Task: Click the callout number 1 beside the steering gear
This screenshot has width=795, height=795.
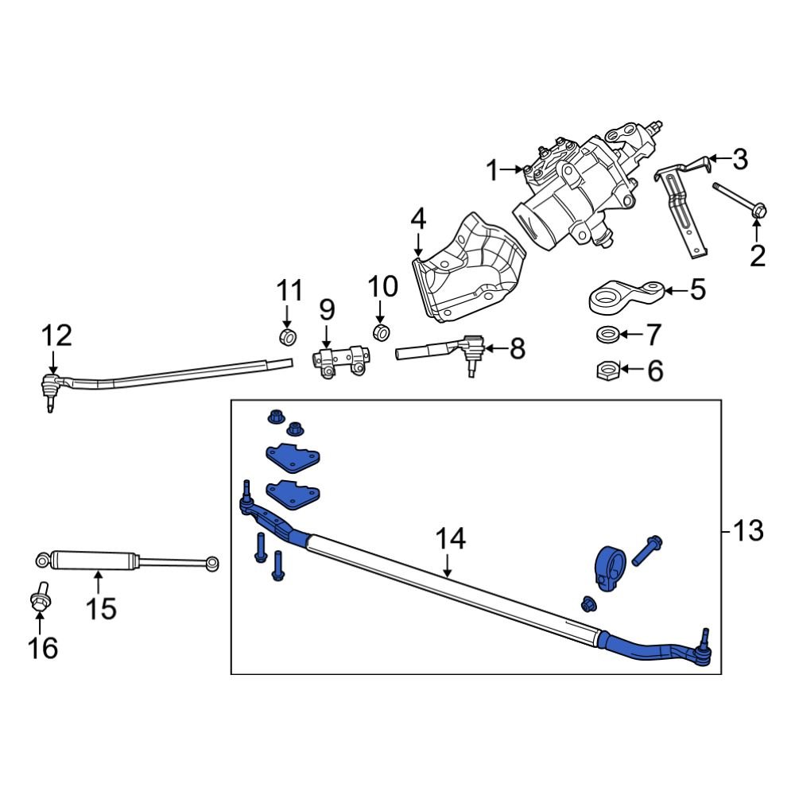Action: (x=492, y=169)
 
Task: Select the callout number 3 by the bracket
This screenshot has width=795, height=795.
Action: (x=740, y=160)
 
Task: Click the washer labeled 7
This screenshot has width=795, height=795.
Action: (x=608, y=333)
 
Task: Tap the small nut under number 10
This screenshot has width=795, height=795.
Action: (x=382, y=331)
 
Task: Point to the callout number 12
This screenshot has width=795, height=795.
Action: (x=57, y=335)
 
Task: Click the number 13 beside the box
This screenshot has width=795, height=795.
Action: (x=748, y=529)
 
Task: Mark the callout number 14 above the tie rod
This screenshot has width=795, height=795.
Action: (x=449, y=540)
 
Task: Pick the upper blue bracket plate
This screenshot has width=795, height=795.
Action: (x=291, y=458)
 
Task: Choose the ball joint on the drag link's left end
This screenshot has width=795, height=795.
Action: (x=51, y=388)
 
